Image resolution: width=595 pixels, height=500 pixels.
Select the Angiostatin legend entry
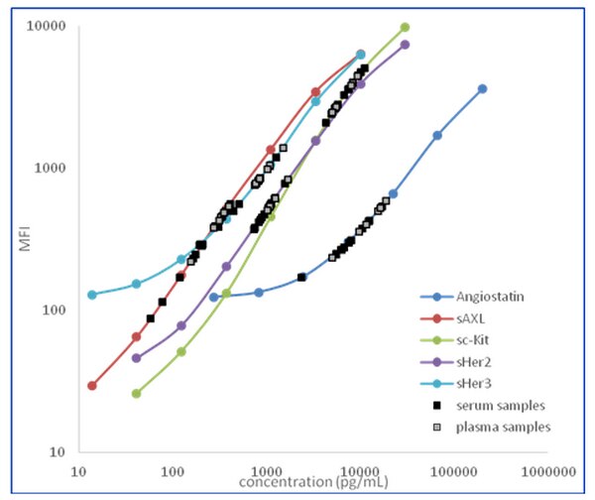pos(493,297)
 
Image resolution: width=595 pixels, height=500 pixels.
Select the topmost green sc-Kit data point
pos(405,27)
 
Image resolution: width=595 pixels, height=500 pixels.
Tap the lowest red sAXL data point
pos(92,385)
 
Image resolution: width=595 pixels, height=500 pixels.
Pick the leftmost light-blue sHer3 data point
pos(92,295)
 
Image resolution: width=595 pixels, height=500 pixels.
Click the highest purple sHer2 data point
pos(405,45)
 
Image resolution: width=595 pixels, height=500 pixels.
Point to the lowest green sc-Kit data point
pos(136,393)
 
